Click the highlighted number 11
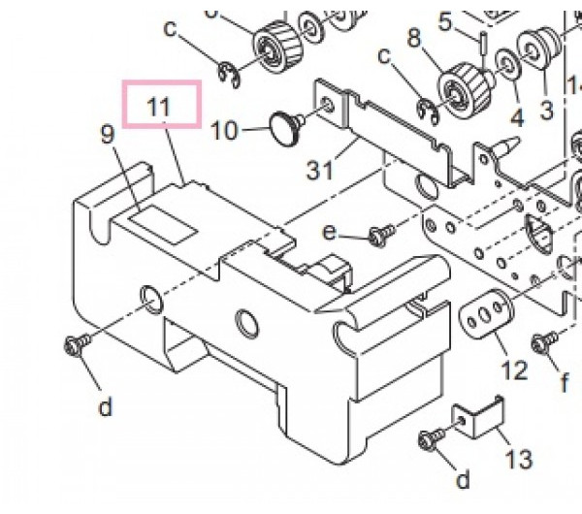(x=159, y=107)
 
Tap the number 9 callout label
(x=107, y=134)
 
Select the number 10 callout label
(x=224, y=131)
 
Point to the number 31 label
(x=320, y=171)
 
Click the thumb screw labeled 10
(x=288, y=128)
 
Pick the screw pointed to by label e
(x=381, y=235)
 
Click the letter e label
(x=330, y=233)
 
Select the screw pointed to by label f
(x=544, y=341)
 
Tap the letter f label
(x=565, y=382)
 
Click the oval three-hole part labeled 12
(x=486, y=313)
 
